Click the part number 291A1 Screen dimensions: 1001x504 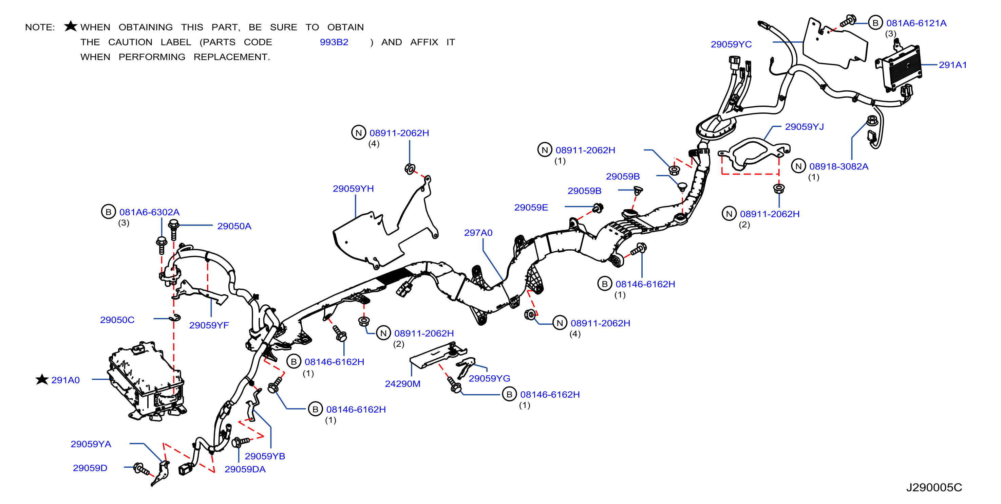click(x=952, y=65)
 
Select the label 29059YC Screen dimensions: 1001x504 click(x=731, y=44)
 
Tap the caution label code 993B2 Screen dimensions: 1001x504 click(x=334, y=42)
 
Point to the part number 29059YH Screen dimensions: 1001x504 click(x=353, y=188)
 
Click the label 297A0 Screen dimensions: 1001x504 click(x=478, y=233)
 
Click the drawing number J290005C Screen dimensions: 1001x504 click(x=934, y=487)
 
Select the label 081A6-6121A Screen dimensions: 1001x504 click(x=916, y=23)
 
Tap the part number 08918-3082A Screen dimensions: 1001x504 click(x=838, y=166)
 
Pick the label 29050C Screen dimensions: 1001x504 click(x=117, y=320)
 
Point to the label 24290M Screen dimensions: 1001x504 click(x=402, y=384)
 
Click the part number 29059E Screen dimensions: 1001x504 click(x=531, y=207)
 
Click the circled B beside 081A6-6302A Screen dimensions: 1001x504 click(x=109, y=212)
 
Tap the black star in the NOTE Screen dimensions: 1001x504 click(x=71, y=26)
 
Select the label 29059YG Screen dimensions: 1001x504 click(x=489, y=378)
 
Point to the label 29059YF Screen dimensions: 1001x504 click(x=209, y=325)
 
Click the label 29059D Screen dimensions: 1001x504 click(x=90, y=468)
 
